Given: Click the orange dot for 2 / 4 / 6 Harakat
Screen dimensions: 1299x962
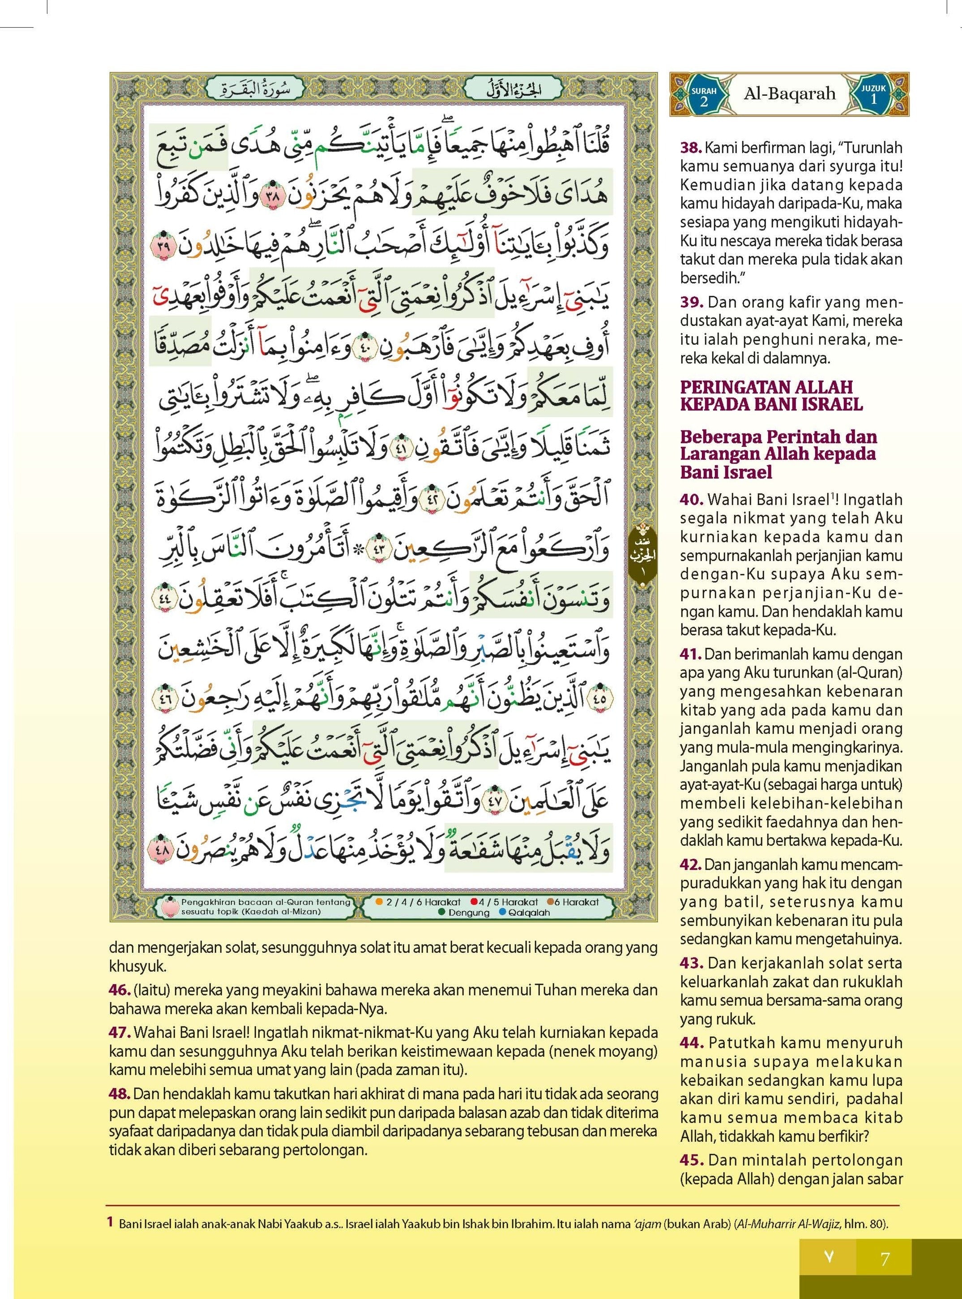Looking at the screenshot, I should (x=379, y=902).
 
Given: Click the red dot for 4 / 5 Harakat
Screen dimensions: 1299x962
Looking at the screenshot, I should (x=474, y=902).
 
